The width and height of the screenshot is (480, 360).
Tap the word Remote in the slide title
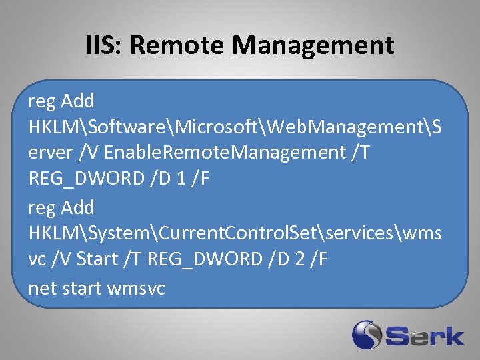click(x=179, y=45)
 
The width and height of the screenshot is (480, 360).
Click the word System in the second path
click(x=124, y=233)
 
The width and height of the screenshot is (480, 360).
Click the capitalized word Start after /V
click(x=97, y=259)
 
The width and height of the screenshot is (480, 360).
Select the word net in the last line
click(x=41, y=288)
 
